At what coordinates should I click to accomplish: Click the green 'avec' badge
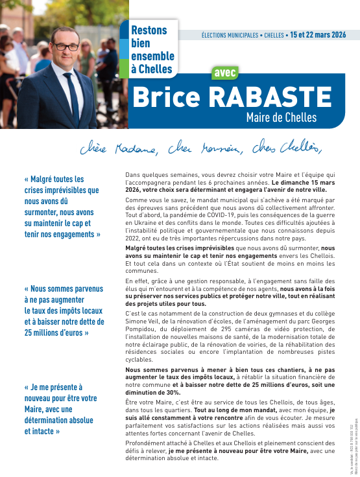pos(225,73)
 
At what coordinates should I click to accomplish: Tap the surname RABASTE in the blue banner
pos(268,97)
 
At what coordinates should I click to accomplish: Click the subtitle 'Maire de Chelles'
pos(281,117)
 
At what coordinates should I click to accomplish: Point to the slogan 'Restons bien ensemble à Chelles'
pos(149,49)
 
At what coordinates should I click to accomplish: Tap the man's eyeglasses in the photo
pos(65,47)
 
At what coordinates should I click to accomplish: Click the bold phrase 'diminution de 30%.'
pos(152,393)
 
